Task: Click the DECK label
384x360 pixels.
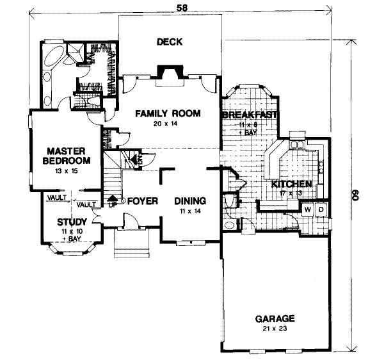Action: [x=170, y=42]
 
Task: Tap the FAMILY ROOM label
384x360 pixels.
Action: [x=168, y=113]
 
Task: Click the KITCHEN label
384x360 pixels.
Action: [x=291, y=184]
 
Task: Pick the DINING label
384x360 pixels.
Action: [x=190, y=200]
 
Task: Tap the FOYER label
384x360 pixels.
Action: [x=142, y=200]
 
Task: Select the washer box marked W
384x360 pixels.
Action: [x=307, y=209]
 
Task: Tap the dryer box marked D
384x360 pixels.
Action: [x=321, y=209]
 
